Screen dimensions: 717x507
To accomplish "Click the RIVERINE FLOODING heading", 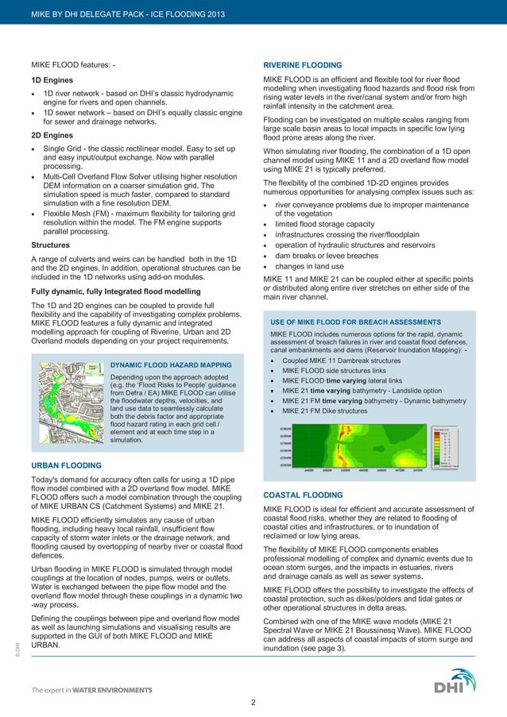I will [x=302, y=65].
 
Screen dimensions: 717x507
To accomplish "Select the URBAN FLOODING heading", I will [x=66, y=465].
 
